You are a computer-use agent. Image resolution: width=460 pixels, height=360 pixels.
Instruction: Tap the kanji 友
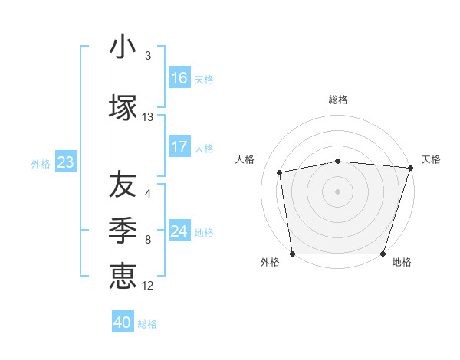pos(123,184)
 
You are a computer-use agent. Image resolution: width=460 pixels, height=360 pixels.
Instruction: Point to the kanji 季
pos(123,229)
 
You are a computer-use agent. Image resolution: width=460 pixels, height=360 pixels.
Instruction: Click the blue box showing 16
pos(179,78)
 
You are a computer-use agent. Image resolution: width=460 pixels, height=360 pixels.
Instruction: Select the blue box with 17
pos(179,147)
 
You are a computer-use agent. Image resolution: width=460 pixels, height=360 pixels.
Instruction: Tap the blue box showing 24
pos(179,231)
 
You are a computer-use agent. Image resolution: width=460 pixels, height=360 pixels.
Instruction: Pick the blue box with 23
pos(65,162)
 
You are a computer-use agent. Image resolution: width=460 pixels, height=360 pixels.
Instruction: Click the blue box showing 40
pos(123,322)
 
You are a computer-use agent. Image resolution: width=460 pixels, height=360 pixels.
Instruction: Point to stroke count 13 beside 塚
pos(148,117)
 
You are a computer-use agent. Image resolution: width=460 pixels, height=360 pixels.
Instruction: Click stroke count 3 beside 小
pos(148,57)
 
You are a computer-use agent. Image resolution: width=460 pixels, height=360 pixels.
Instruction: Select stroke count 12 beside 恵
pos(148,286)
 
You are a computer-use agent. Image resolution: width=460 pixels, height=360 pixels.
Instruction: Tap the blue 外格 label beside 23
pos(41,163)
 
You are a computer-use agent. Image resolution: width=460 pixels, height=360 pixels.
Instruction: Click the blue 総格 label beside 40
pos(147,324)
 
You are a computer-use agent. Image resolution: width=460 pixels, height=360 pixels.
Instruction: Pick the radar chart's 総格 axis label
pos(338,100)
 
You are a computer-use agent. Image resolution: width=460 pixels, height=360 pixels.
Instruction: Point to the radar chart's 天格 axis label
pos(432,159)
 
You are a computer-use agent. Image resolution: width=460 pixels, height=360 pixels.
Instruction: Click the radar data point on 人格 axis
pos(280,172)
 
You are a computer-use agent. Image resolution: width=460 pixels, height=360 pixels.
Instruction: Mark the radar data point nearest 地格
pos(383,254)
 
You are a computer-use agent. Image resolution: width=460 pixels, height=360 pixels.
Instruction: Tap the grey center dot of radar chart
pos(338,191)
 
